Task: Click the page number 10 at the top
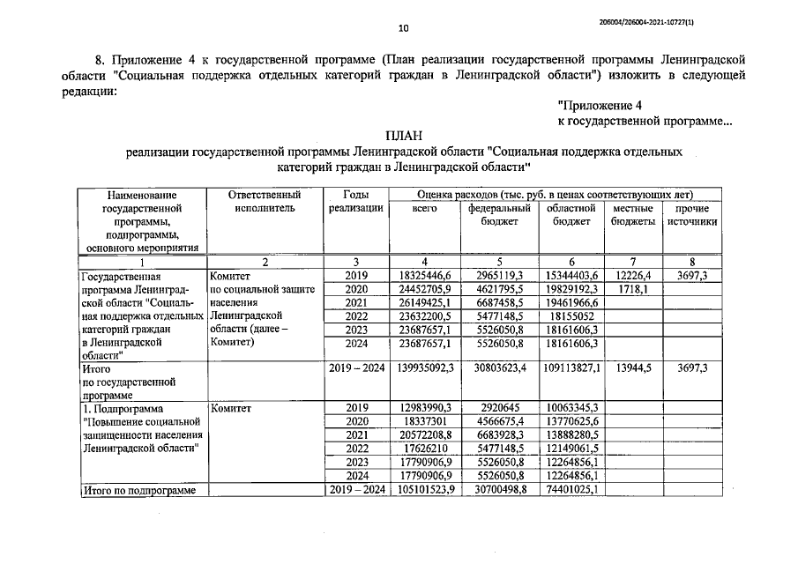pyautogui.click(x=403, y=28)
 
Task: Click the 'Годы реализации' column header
pyautogui.click(x=355, y=201)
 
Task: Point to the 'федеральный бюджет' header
pyautogui.click(x=498, y=216)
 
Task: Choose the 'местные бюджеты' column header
pyautogui.click(x=632, y=216)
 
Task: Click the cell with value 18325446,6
pyautogui.click(x=424, y=276)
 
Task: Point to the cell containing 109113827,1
pyautogui.click(x=571, y=371)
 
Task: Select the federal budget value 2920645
pyautogui.click(x=498, y=408)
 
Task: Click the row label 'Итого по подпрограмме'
pyautogui.click(x=138, y=490)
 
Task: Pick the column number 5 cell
pyautogui.click(x=498, y=262)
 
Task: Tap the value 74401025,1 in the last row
pyautogui.click(x=571, y=490)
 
